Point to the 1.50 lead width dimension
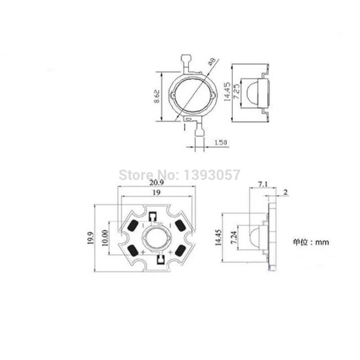[220, 143]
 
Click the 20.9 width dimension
[157, 183]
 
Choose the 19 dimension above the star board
[156, 193]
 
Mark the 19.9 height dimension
[90, 238]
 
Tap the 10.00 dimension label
[105, 238]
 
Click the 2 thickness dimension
[285, 192]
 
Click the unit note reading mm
[310, 242]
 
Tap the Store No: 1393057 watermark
[179, 175]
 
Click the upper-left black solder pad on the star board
[132, 226]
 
